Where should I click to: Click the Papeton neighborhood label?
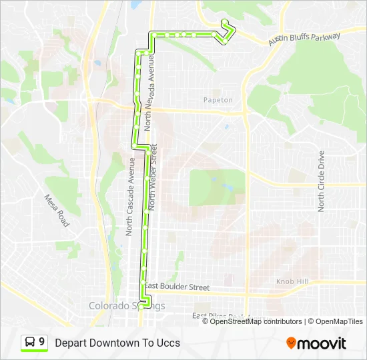coord(218,100)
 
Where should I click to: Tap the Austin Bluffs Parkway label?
coord(304,39)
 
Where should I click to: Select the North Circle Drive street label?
coord(321,181)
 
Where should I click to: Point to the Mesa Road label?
coord(57,210)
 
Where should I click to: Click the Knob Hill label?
coord(292,282)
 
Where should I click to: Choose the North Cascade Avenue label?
coord(130,197)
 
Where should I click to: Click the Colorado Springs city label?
coord(127,306)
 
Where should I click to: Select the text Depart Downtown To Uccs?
coord(117,343)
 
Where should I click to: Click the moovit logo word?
coord(322,343)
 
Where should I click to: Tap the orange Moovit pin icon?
coord(291,343)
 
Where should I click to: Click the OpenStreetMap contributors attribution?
coord(256,321)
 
